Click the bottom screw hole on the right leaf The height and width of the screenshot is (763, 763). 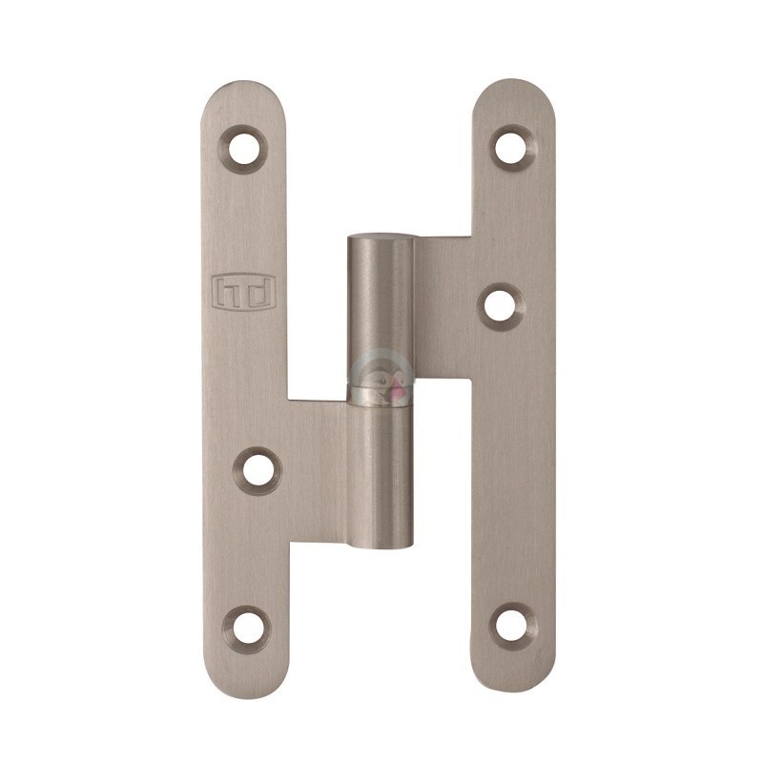(513, 626)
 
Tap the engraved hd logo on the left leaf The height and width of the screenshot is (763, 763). (244, 293)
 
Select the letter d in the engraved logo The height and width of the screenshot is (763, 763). (258, 293)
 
